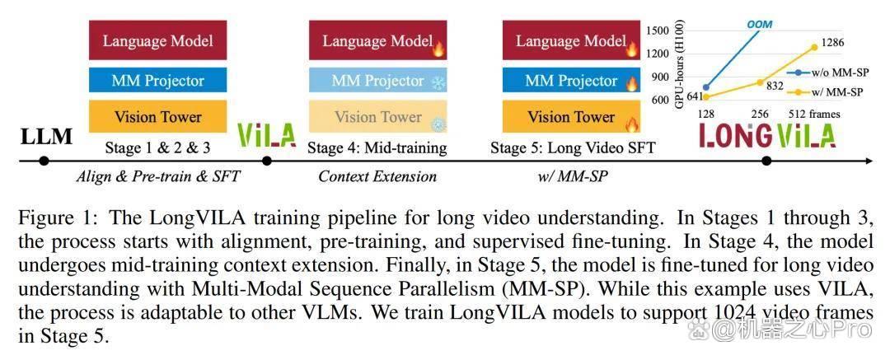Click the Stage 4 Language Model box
tap(378, 40)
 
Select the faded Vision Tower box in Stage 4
tap(378, 117)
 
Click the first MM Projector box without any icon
tap(157, 81)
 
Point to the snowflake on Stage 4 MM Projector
tap(438, 83)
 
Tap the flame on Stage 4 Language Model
tap(438, 49)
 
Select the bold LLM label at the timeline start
tap(46, 137)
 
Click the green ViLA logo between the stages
tap(266, 134)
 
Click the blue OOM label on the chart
tap(759, 25)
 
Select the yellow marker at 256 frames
tap(760, 82)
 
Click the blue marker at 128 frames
tap(706, 87)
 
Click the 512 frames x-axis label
tap(814, 115)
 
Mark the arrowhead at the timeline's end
tap(869, 161)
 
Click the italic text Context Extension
tap(377, 176)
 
